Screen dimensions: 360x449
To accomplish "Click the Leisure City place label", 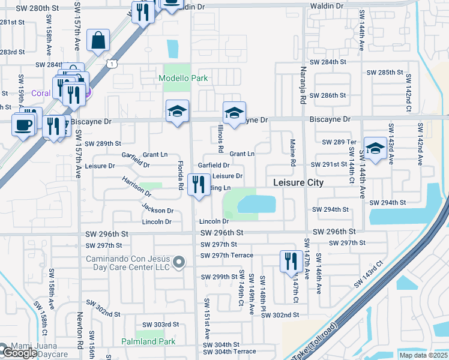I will (298, 182).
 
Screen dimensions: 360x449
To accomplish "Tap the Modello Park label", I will (183, 78).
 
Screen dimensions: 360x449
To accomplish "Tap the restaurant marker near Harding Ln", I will (199, 184).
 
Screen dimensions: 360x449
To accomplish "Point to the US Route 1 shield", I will (112, 62).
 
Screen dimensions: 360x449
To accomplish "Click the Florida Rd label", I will (180, 175).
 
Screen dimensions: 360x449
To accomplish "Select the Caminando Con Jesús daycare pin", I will (179, 262).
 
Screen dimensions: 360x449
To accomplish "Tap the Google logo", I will (19, 353).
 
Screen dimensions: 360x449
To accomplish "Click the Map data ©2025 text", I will (423, 355).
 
